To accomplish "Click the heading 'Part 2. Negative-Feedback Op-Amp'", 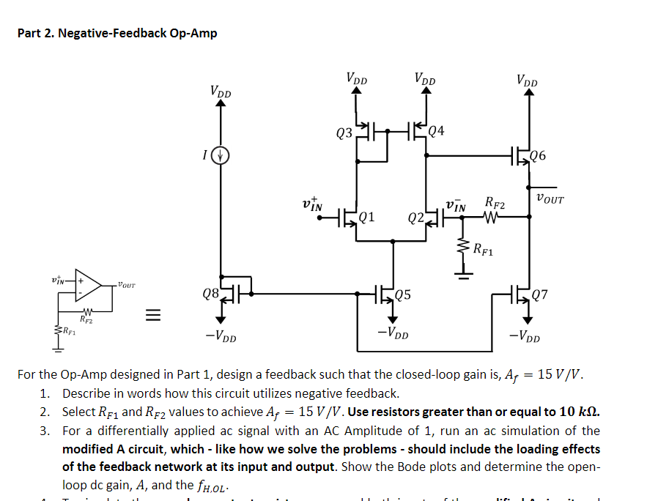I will click(x=117, y=33).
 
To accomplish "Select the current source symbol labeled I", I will click(x=221, y=155).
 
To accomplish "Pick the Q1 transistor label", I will click(x=368, y=217).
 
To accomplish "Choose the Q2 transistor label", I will click(x=415, y=218).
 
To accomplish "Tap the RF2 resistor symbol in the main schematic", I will click(x=492, y=216).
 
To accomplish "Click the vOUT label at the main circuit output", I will click(x=550, y=198).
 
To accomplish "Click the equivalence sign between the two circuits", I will click(x=150, y=316).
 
